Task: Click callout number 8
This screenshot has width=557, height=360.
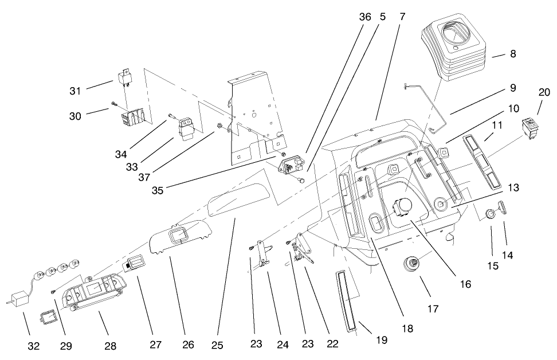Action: tap(512, 54)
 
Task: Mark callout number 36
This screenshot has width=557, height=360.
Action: tap(365, 17)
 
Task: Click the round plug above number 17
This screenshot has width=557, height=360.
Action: tap(411, 264)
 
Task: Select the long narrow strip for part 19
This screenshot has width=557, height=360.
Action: tap(346, 298)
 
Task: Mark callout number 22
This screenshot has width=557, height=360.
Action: tap(332, 344)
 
